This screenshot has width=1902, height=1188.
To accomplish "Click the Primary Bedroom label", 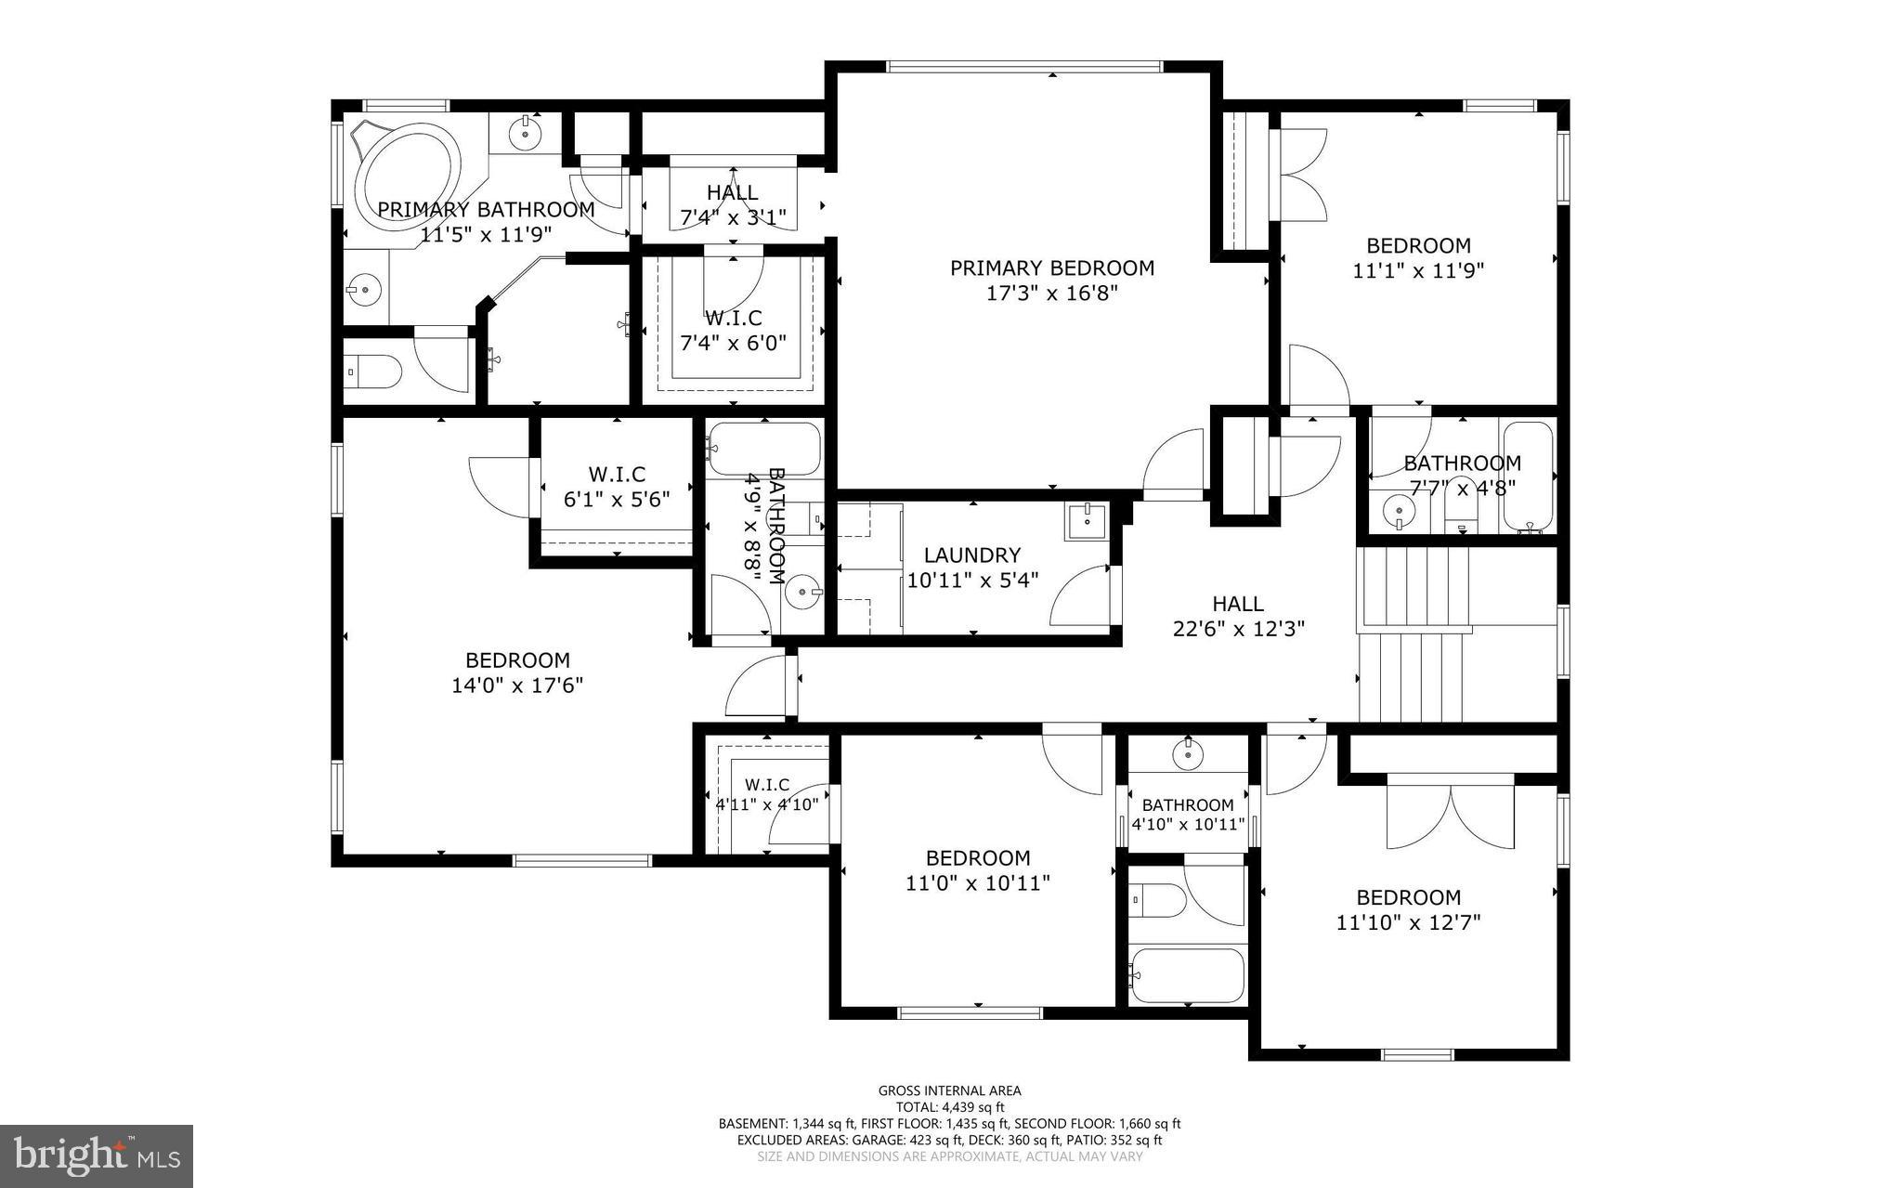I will coord(1051,268).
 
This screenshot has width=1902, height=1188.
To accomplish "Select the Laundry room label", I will coord(971,555).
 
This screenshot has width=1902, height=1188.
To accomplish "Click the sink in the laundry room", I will coord(1086,521).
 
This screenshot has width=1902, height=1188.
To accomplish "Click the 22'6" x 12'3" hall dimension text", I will coord(1238,629).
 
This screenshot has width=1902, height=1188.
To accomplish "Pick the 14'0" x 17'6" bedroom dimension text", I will coord(517,685).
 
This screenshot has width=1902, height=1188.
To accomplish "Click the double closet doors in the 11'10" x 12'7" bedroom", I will coord(1450,817).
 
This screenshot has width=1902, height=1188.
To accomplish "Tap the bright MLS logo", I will coord(96,1155).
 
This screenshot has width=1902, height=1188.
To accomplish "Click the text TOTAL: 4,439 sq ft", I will coord(949,1107).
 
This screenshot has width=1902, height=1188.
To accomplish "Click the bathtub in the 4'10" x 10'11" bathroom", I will coord(1186,975).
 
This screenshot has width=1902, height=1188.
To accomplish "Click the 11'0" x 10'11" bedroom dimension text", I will coord(977,882).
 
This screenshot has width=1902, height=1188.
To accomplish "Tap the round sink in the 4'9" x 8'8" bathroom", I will coord(802,590).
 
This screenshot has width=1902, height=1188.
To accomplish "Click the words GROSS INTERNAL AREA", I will coord(949,1090).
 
